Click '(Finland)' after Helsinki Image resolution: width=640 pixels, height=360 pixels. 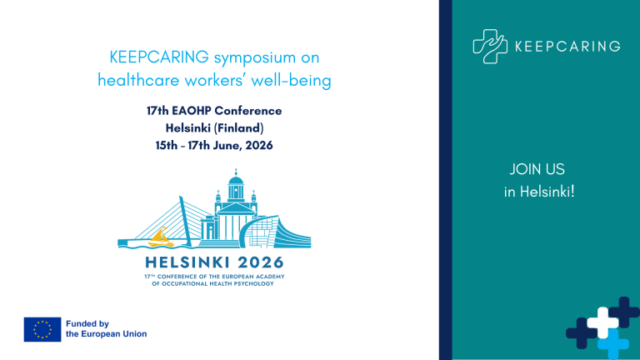tap(236, 128)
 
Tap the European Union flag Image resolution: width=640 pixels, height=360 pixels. tap(42, 329)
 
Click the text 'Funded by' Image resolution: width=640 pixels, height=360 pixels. tap(87, 323)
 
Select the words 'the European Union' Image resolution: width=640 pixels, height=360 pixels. tap(106, 334)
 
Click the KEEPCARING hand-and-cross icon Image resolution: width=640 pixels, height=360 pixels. tap(490, 46)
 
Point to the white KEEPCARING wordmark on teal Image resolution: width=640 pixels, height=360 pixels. tap(567, 47)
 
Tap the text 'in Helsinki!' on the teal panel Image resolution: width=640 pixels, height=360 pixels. tap(539, 192)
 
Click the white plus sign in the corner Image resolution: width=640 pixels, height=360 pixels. tap(602, 322)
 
